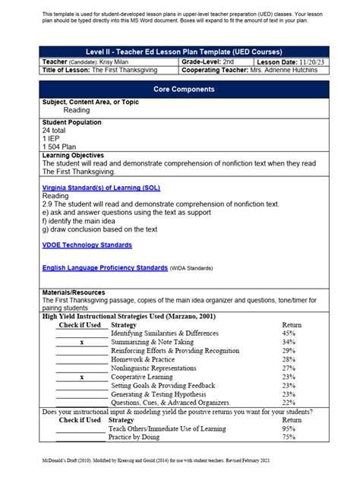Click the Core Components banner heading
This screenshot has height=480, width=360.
coord(179,89)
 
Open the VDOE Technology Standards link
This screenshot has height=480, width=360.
coord(87,245)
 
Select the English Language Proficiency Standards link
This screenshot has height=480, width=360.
coord(105,268)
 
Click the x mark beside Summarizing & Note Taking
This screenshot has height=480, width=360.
coord(81,343)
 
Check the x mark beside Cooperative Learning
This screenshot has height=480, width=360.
coord(81,377)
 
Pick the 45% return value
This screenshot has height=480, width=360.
coord(288,333)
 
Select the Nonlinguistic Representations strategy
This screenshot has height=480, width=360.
coord(158,368)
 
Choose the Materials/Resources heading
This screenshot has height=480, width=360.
coord(74,292)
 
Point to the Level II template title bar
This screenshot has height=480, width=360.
coord(179,51)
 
